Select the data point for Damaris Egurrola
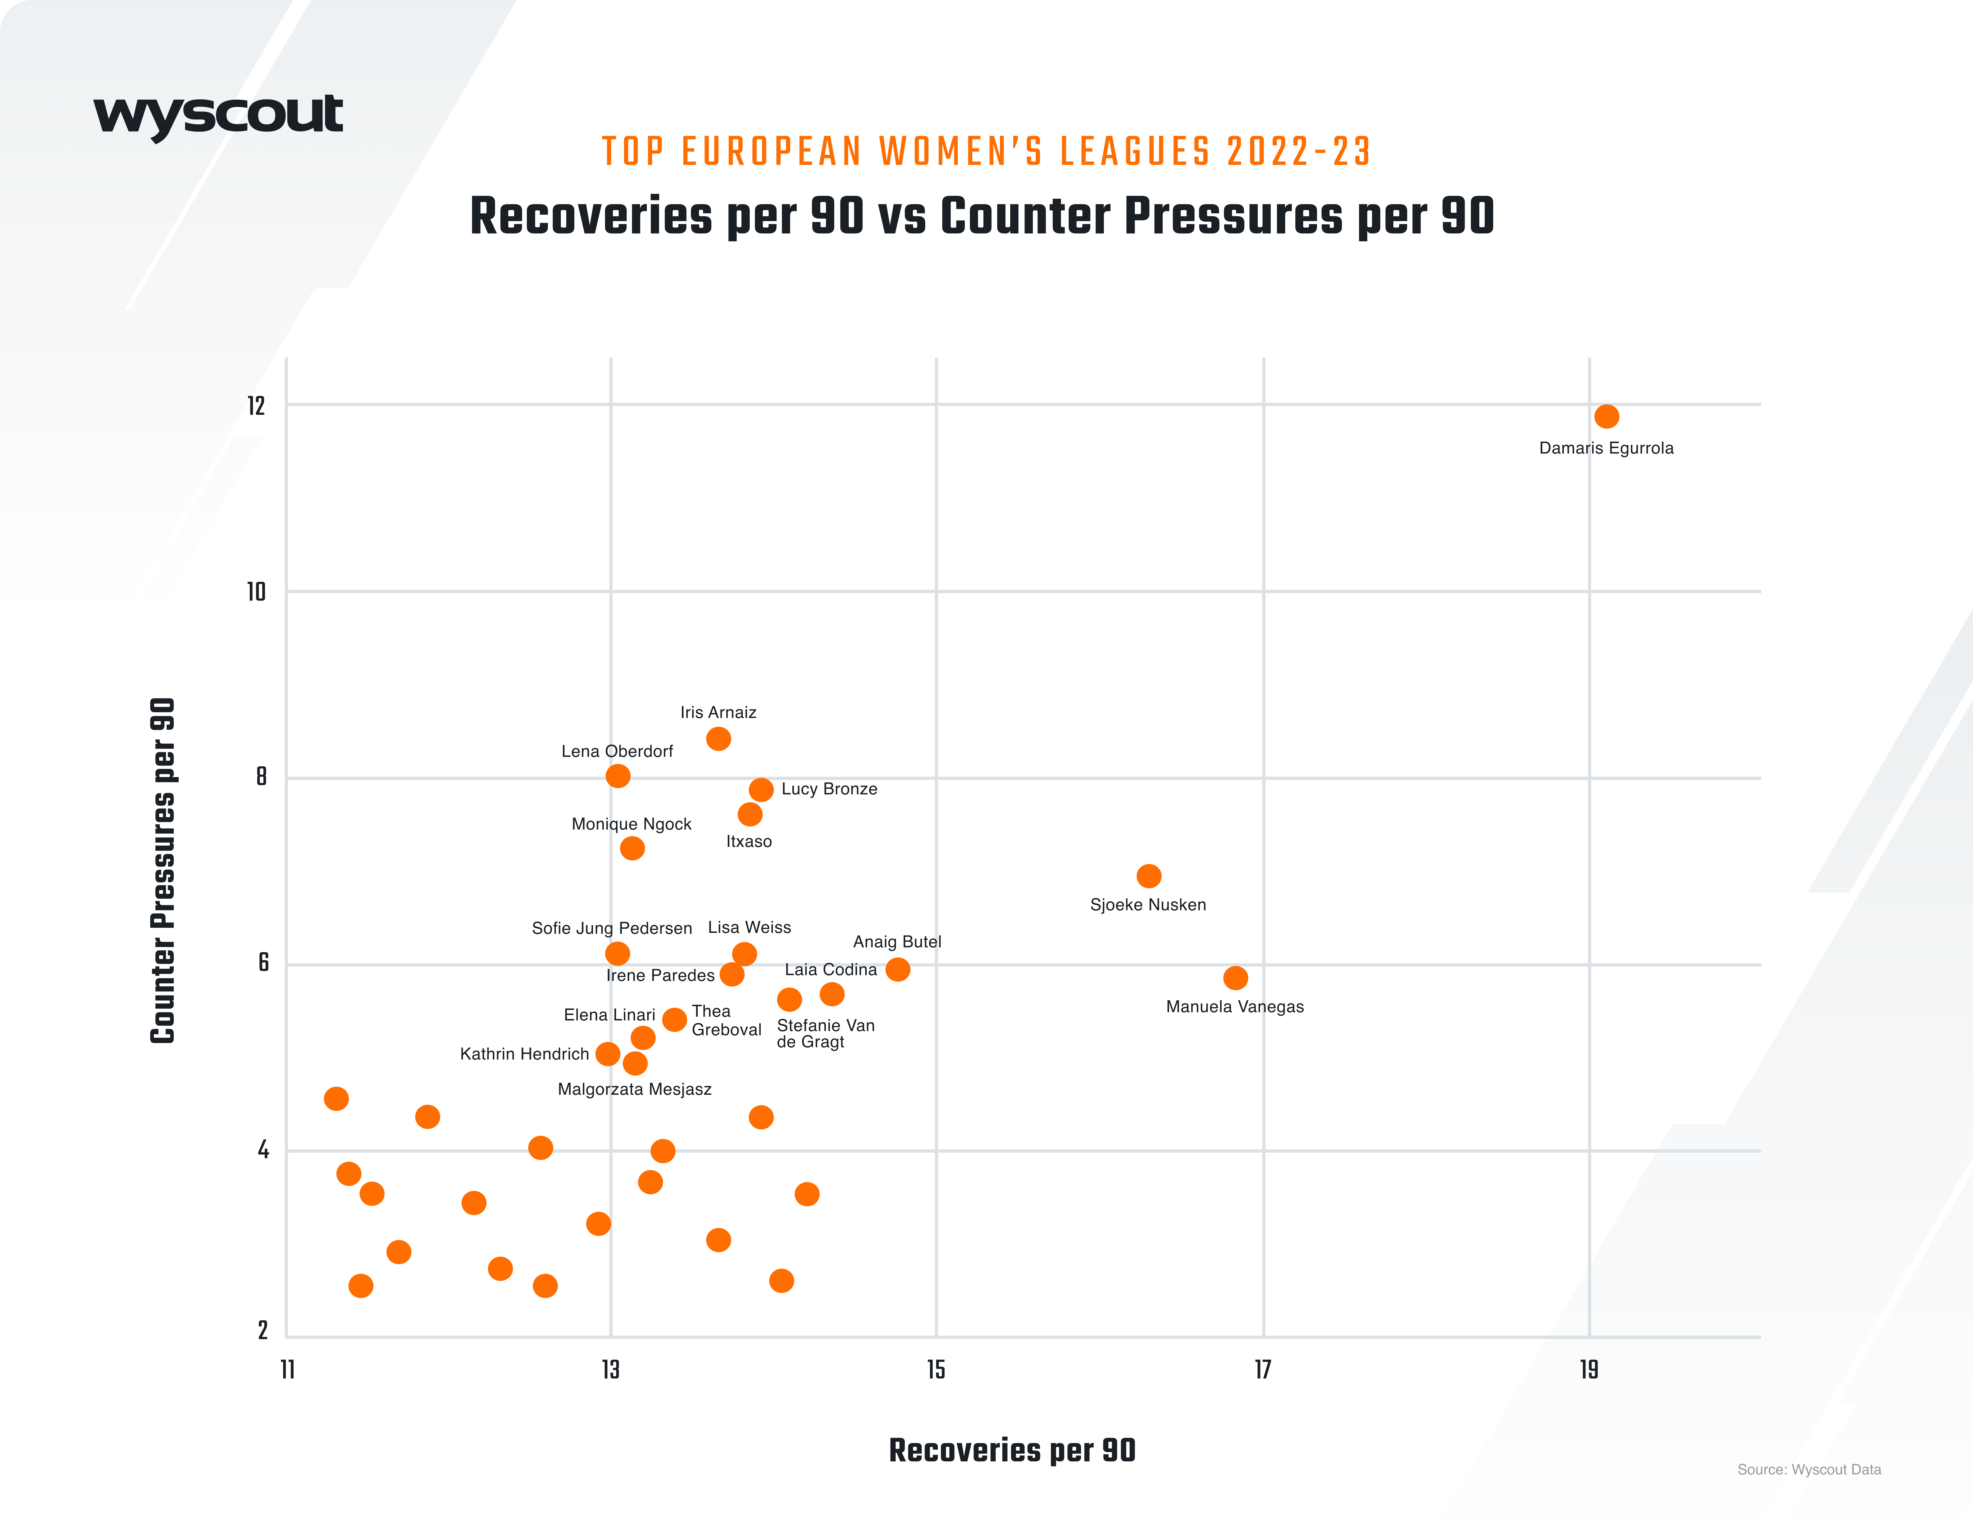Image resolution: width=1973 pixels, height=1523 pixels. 1606,416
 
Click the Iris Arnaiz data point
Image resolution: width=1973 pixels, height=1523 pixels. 718,739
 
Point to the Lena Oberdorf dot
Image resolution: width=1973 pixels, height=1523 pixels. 618,776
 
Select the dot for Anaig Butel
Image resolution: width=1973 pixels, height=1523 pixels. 897,969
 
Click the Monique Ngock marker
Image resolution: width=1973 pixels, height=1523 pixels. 632,848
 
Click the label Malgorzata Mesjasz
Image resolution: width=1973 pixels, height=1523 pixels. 634,1089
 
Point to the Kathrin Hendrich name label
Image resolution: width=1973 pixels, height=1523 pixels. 524,1054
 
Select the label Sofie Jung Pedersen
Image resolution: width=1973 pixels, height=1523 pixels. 612,929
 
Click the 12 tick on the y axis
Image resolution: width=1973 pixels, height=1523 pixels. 256,406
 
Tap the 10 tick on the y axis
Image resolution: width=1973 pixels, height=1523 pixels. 256,592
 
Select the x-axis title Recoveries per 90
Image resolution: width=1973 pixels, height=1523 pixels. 1012,1450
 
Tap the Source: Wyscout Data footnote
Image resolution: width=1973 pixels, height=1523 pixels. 1809,1470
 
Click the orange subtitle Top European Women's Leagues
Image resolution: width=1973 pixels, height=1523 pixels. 986,152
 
